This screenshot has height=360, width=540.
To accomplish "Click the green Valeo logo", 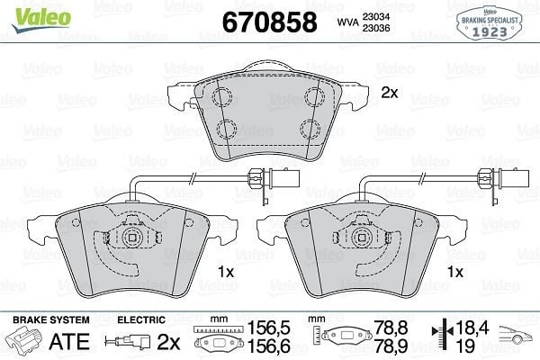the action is [41, 19].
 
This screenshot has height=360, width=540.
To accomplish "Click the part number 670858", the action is [270, 22].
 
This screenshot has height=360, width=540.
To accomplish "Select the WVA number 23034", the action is [375, 16].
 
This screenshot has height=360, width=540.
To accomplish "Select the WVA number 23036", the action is [375, 28].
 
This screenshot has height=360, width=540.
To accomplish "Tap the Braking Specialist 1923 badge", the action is [490, 23].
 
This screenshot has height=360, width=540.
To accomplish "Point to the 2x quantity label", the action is [390, 93].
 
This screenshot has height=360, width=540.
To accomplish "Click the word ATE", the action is [69, 342].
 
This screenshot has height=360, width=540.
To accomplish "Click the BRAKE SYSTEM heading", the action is [51, 320].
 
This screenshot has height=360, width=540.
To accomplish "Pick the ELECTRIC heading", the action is [141, 320].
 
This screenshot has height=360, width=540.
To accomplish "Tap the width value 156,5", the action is [268, 328].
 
